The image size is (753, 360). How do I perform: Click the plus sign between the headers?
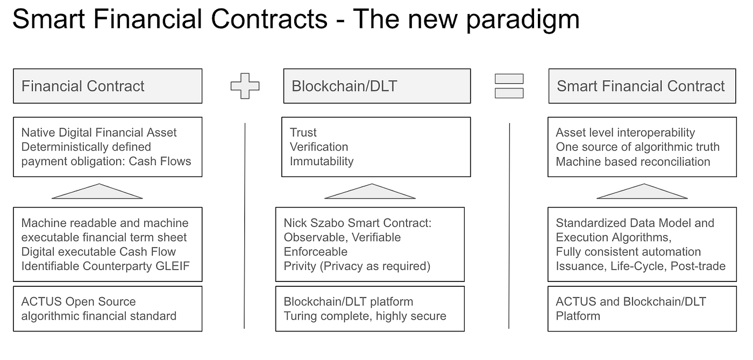[245, 86]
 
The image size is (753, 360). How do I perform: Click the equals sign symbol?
[509, 86]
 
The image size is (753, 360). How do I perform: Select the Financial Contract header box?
[108, 86]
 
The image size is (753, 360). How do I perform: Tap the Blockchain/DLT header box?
[376, 86]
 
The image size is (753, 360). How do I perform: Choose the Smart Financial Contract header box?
[642, 86]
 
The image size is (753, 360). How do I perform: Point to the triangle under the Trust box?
[370, 192]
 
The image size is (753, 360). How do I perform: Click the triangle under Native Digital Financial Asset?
[97, 192]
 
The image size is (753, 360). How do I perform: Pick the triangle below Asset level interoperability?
[642, 192]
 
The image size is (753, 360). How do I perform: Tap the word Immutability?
[322, 161]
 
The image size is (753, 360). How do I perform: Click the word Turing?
[300, 316]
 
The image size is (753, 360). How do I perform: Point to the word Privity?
[300, 266]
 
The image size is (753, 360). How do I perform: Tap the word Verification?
[319, 147]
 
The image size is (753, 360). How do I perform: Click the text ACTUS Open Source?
[79, 302]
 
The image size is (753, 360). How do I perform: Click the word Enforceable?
[316, 252]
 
